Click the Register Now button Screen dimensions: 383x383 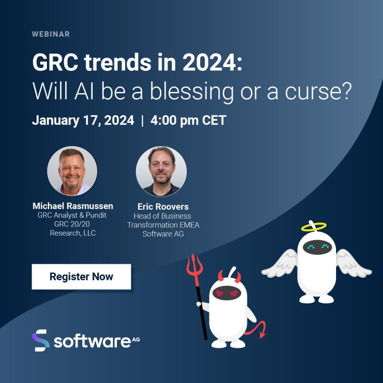coord(81,277)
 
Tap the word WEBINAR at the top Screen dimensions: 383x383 coord(51,34)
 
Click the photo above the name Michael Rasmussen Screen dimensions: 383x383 coord(72,171)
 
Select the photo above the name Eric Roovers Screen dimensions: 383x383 coord(161,171)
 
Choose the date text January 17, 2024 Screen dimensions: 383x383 coord(83,120)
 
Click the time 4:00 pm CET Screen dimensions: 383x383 coord(188,120)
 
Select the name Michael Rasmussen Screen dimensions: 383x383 coord(73,206)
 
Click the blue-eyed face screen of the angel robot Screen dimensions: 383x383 coord(318,247)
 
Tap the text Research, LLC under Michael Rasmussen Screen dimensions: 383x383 coord(73,233)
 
